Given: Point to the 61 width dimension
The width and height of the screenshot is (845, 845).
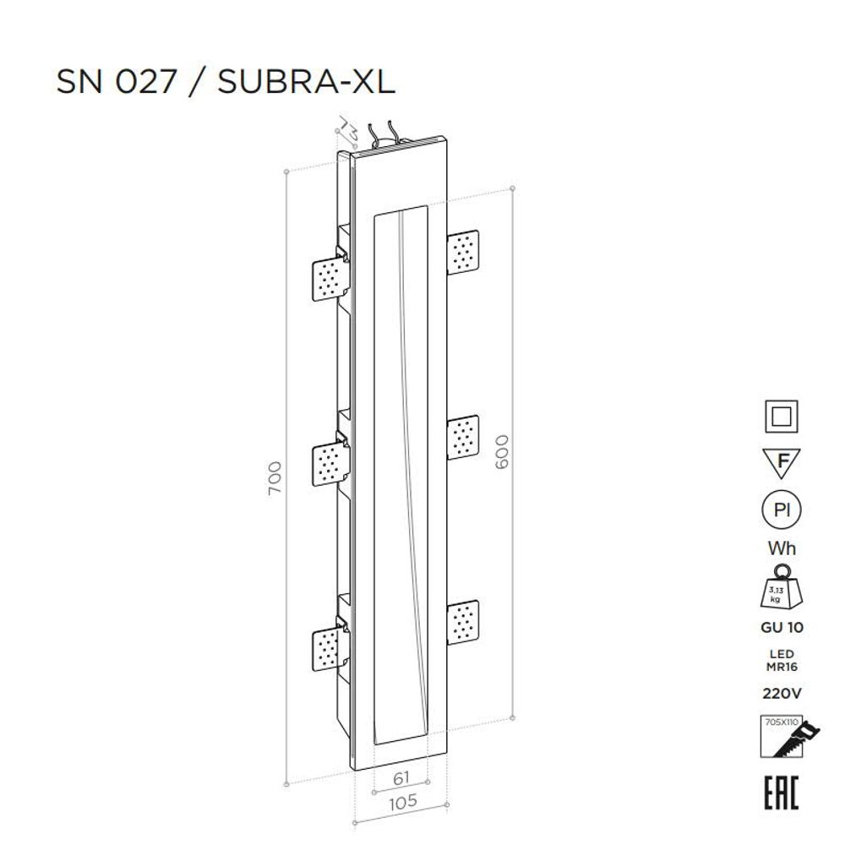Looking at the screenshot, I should click(401, 778).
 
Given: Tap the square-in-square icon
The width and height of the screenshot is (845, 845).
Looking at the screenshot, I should click(782, 418).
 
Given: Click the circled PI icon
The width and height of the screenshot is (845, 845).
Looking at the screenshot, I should click(782, 510).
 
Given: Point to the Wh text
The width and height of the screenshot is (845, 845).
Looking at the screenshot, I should click(782, 548).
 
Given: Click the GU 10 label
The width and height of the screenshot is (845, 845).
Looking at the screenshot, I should click(782, 628).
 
